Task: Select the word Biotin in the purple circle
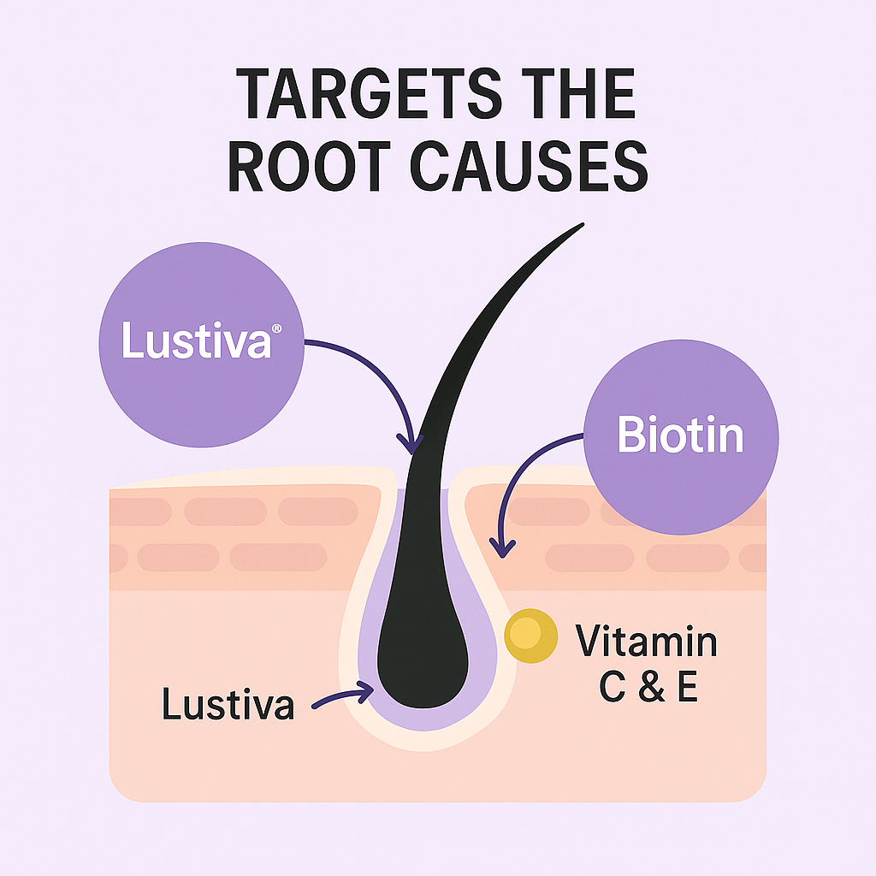tap(680, 435)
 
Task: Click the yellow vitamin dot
tap(530, 636)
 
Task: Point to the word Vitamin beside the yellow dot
tap(646, 642)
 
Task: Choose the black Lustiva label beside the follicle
tap(228, 705)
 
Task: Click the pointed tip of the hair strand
tap(582, 225)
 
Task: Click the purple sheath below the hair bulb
tap(423, 720)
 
